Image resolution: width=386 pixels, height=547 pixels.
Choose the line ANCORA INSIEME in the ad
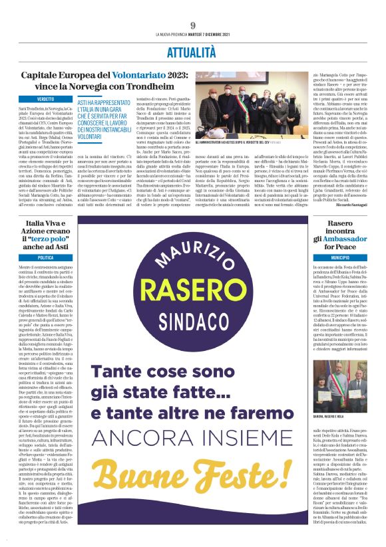click(x=192, y=463)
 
